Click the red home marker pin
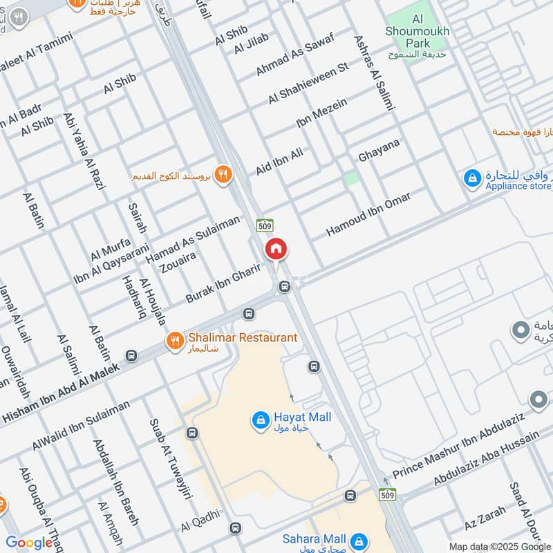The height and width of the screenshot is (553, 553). pos(276,249)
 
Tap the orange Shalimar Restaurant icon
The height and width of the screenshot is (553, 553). pos(174,339)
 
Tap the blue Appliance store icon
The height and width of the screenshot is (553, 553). pos(472,178)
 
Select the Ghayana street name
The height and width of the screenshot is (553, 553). pos(379,151)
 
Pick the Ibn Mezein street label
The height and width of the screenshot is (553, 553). pos(321,113)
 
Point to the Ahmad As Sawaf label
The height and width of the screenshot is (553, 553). pos(294,54)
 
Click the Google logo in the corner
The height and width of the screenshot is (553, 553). pos(28,543)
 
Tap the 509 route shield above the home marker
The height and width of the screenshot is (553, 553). pos(268,225)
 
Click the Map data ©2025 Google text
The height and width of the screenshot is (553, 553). pos(499,546)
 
